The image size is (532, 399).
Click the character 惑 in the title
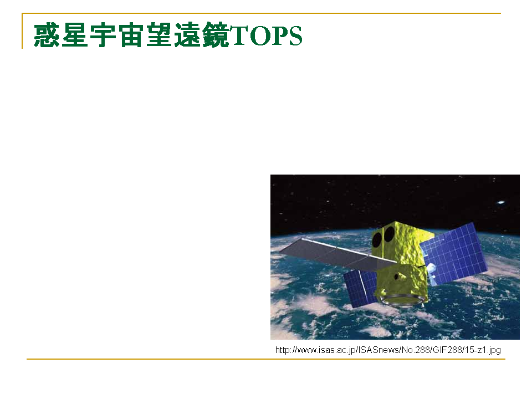(47, 35)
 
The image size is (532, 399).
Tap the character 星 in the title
(75, 35)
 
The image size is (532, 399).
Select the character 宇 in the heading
(103, 35)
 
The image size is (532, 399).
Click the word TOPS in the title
(265, 35)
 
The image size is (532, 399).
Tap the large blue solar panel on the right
(453, 254)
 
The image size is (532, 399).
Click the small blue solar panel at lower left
(360, 288)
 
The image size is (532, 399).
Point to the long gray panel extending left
(337, 255)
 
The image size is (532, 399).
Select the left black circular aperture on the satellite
(377, 239)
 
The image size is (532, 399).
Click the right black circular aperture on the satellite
(389, 234)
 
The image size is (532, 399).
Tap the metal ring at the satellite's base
(402, 300)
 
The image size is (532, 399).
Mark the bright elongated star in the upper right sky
(501, 203)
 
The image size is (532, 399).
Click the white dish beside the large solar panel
(431, 273)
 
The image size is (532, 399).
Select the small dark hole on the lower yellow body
(396, 277)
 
